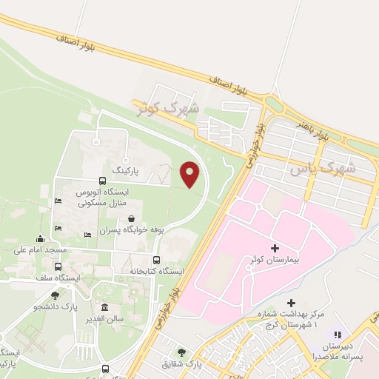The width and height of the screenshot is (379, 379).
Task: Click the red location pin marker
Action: tap(190, 175)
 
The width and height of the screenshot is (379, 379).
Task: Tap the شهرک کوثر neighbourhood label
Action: tap(169, 107)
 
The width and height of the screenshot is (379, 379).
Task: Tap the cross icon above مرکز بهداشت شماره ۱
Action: tap(292, 303)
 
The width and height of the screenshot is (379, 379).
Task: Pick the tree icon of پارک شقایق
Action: tap(181, 352)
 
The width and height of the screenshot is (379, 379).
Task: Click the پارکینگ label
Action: tap(125, 170)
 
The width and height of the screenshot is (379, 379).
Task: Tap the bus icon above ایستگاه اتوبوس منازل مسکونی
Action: tap(102, 181)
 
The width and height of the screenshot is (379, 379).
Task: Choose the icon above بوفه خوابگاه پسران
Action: tap(131, 218)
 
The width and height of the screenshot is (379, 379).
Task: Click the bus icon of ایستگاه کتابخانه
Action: tap(156, 260)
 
